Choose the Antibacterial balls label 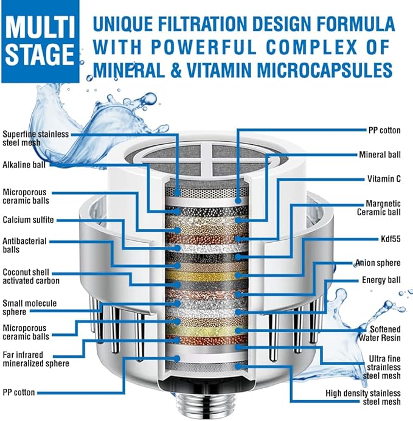(24, 245)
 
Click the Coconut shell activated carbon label (31, 276)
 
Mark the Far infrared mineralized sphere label (35, 359)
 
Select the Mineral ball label (380, 155)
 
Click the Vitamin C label (383, 179)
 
